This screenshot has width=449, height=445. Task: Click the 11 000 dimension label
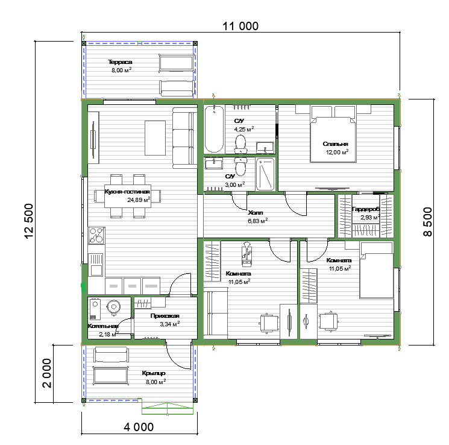pos(240,26)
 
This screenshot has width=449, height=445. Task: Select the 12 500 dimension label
pos(29,221)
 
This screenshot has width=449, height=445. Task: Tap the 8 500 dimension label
pos(427,221)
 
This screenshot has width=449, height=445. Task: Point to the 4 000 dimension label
pos(139,427)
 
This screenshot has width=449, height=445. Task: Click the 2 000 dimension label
pos(46,373)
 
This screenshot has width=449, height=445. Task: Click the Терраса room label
pos(120,62)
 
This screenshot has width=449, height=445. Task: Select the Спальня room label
pos(335,144)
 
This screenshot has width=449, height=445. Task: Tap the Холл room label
pos(256,213)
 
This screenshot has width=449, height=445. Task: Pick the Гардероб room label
pos(366,209)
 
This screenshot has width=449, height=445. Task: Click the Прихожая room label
pos(165,316)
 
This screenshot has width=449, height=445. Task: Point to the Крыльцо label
pos(154,373)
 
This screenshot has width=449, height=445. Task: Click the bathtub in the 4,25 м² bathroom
pos(214,129)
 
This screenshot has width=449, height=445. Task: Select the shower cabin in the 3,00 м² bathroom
pos(265,174)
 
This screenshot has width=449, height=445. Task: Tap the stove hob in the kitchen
pos(96,235)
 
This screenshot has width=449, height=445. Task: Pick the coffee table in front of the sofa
pos(155,138)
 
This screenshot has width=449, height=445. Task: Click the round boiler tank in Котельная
pos(114,307)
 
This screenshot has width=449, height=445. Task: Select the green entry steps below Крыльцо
pos(168,408)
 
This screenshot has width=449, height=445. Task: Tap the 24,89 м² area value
pos(139,200)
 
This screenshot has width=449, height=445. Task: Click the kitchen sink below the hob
pos(96,265)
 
